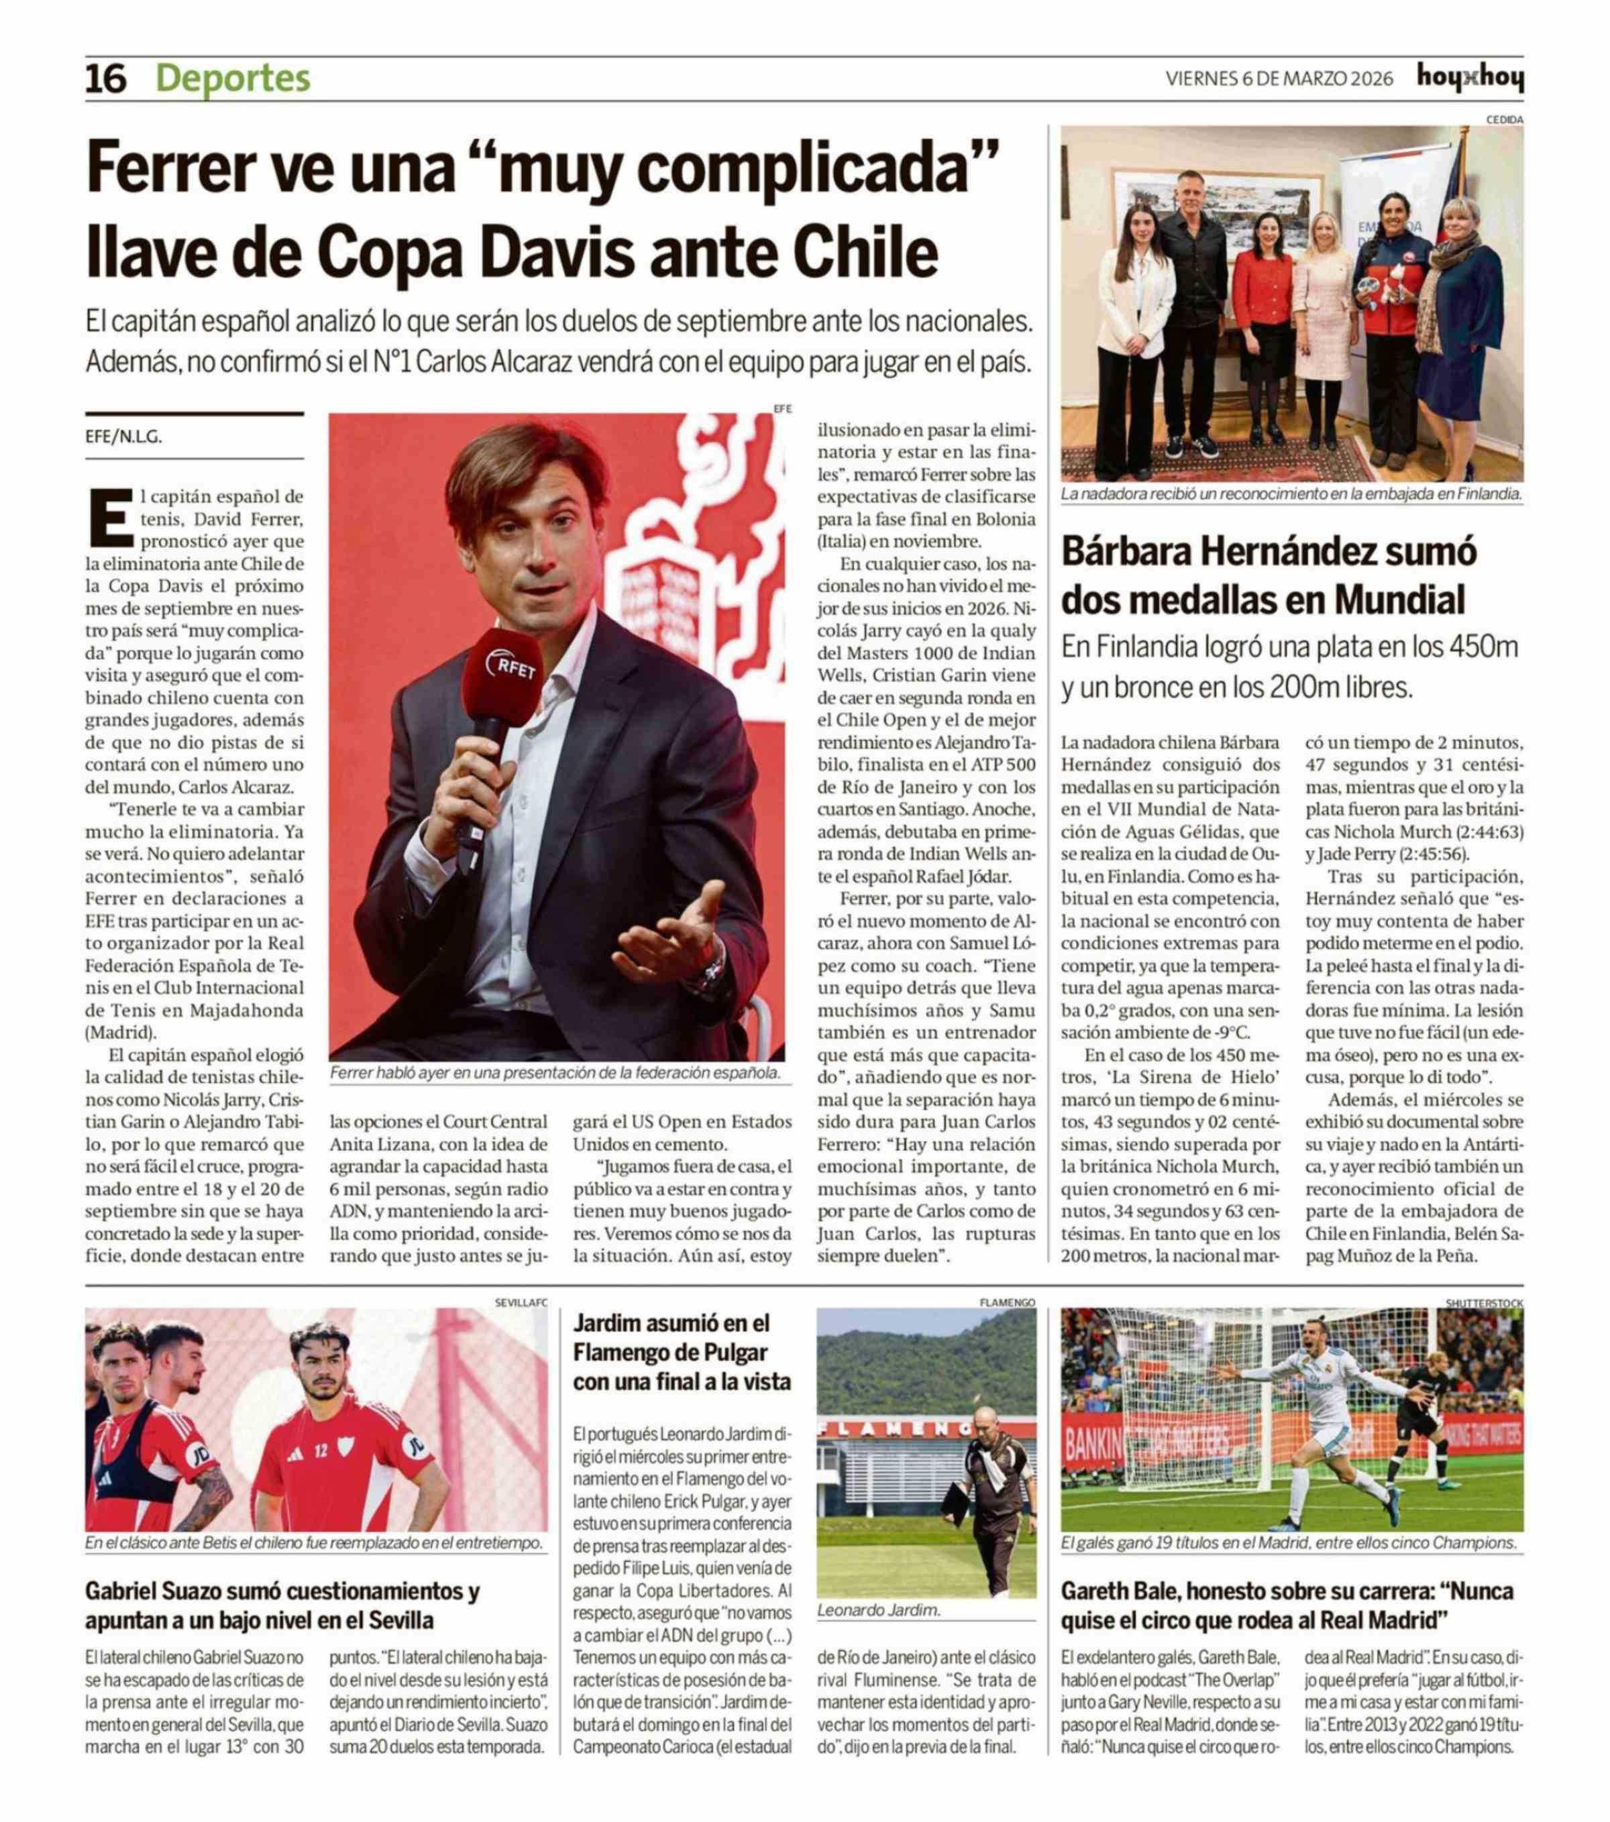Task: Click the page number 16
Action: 106,79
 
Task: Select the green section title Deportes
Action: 233,78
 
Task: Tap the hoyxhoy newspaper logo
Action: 1469,78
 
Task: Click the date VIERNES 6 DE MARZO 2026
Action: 1279,79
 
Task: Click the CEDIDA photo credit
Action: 1504,119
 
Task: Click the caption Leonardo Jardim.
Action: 878,1610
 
